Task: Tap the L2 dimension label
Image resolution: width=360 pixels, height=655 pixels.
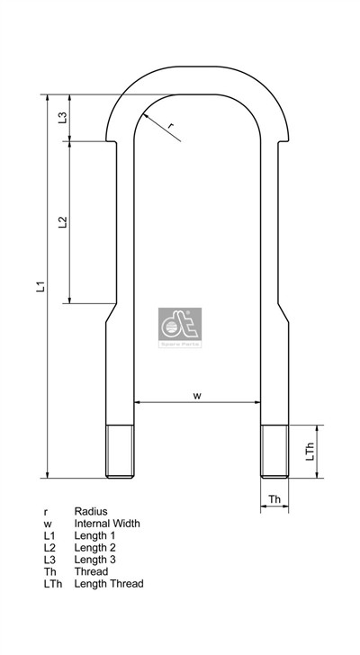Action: point(62,222)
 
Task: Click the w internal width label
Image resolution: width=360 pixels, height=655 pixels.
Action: point(197,395)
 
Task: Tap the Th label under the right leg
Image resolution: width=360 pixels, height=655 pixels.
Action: point(275,498)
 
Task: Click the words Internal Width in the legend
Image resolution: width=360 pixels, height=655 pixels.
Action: point(107,523)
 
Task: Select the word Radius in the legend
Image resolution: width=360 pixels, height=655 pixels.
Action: point(90,510)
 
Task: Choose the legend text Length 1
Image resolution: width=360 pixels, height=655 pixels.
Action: point(95,535)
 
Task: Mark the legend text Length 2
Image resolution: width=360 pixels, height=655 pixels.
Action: point(95,547)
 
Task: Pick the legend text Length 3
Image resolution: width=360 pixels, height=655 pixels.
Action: point(95,559)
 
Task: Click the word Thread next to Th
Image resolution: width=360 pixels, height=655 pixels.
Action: point(90,571)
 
